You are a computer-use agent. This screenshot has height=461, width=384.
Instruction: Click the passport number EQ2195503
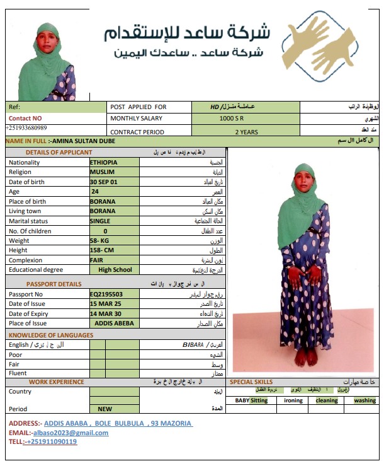[x=106, y=295]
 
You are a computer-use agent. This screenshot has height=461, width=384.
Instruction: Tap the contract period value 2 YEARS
[x=246, y=132]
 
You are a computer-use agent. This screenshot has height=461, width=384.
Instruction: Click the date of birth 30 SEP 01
[x=104, y=182]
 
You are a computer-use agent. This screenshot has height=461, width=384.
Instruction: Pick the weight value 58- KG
[x=101, y=241]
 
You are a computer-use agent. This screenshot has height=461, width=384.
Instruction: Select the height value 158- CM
[x=103, y=250]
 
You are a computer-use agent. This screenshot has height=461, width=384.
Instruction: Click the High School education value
[x=115, y=270]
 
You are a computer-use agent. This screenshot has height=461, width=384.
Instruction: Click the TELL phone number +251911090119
[x=51, y=441]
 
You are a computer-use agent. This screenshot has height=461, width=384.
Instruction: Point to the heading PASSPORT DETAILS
[x=54, y=284]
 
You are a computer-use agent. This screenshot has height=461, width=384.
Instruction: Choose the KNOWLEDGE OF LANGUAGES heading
[x=47, y=335]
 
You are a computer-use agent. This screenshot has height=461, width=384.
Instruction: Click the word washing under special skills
[x=364, y=400]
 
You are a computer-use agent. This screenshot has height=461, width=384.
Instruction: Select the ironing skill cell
[x=293, y=400]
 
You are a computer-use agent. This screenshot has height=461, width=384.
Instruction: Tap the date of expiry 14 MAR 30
[x=106, y=313]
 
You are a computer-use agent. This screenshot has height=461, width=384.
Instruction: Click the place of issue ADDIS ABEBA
[x=115, y=324]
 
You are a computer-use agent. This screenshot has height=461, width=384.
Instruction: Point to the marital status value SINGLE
[x=100, y=221]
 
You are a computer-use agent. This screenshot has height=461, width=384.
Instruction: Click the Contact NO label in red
[x=25, y=118]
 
